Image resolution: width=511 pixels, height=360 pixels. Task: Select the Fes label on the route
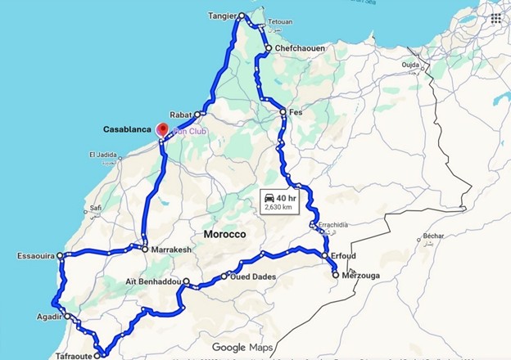pyautogui.click(x=296, y=112)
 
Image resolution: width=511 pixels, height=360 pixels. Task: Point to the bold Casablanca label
pyautogui.click(x=128, y=129)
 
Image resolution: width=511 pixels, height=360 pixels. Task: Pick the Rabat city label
pyautogui.click(x=179, y=115)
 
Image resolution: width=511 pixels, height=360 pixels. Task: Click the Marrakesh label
pyautogui.click(x=170, y=249)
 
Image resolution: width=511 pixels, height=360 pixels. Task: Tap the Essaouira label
pyautogui.click(x=35, y=256)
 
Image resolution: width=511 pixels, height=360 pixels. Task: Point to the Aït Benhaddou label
pyautogui.click(x=152, y=281)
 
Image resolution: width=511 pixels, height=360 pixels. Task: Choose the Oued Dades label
pyautogui.click(x=254, y=277)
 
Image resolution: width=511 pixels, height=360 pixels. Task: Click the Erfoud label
pyautogui.click(x=345, y=256)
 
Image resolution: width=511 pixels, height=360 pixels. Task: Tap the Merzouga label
pyautogui.click(x=363, y=275)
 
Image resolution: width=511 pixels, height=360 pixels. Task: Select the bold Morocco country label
pyautogui.click(x=224, y=234)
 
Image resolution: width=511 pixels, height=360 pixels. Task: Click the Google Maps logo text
pyautogui.click(x=242, y=348)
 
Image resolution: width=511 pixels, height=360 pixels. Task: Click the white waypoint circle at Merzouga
pyautogui.click(x=336, y=275)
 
